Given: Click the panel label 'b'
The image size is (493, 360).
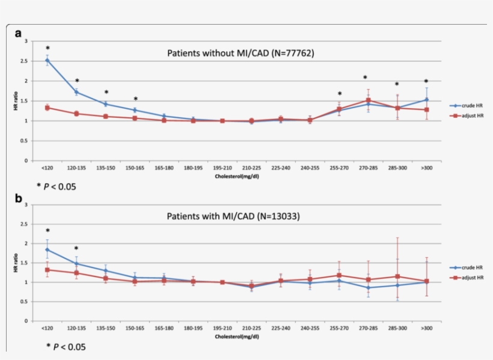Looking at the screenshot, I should tap(19, 198).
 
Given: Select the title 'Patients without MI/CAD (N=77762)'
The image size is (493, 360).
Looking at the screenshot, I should tap(240, 53).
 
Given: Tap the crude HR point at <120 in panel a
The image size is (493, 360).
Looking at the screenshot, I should tap(47, 60).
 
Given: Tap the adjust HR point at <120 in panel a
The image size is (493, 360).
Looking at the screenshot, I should tap(47, 108).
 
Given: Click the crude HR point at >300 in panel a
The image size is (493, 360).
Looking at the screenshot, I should tap(426, 100).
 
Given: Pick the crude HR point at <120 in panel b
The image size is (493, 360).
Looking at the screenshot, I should tap(47, 249).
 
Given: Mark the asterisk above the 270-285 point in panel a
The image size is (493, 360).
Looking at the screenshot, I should tap(365, 78).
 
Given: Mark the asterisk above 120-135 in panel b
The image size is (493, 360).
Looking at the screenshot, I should tap(76, 249).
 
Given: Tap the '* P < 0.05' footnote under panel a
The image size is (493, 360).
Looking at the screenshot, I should tap(57, 187).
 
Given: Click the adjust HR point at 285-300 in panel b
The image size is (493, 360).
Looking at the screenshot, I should tap(397, 276).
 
